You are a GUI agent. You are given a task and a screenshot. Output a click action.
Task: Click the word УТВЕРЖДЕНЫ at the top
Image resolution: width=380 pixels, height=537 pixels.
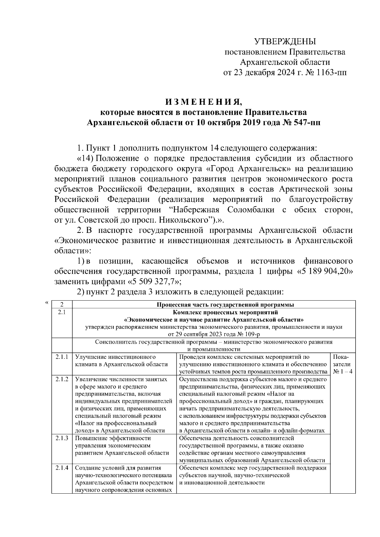(x=285, y=41)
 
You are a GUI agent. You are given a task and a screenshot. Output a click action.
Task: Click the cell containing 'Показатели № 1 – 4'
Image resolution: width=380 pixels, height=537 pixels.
(x=343, y=364)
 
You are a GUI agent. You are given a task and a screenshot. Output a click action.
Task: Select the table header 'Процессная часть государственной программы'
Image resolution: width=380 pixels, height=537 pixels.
(x=225, y=305)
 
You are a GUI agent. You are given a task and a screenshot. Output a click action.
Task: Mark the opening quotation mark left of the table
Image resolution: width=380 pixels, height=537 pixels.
(x=46, y=303)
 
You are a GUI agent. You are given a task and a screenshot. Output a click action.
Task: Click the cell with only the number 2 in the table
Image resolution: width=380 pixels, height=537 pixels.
(x=62, y=305)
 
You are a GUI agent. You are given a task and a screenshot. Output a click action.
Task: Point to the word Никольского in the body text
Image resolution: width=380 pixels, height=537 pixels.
(x=183, y=220)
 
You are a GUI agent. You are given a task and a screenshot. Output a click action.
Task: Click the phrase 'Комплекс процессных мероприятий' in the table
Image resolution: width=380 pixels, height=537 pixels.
(x=214, y=312)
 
